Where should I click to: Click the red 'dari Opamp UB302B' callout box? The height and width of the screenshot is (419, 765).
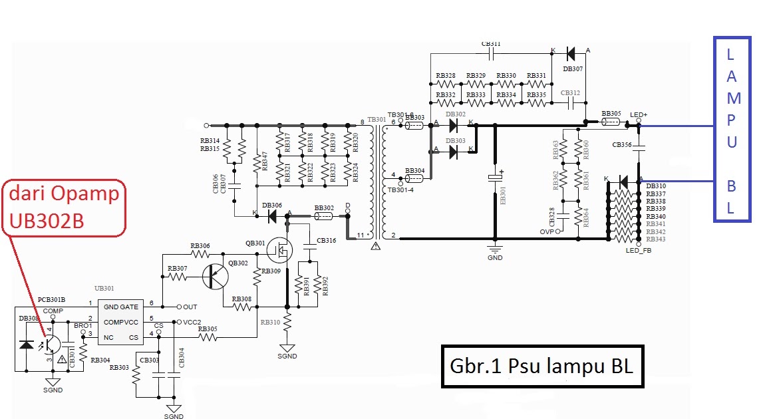pos(63,208)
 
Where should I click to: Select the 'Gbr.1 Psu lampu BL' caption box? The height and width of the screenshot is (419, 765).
pos(541,366)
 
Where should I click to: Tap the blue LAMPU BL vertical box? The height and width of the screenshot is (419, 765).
pos(732,130)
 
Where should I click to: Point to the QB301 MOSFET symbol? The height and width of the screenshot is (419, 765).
pos(280,249)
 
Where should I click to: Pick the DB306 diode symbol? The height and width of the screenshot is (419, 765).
pos(272,215)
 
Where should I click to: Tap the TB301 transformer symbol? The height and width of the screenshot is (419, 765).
pos(377,180)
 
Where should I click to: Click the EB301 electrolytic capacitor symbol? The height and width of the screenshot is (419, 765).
pos(494,178)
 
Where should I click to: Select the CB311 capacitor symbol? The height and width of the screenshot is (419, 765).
pos(492,52)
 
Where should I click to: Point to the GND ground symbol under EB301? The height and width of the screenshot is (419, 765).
pos(494,251)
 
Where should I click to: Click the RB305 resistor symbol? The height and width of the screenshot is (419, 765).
pos(208,338)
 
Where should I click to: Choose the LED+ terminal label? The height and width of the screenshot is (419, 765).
pos(639,115)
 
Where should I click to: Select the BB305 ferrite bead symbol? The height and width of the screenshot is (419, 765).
pos(611,122)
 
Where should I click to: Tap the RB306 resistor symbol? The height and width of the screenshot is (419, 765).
pos(200,254)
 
